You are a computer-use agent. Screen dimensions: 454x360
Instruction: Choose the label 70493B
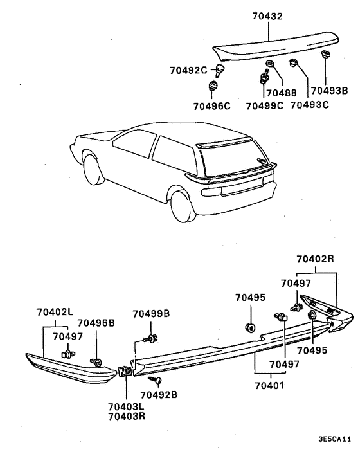(x=328, y=92)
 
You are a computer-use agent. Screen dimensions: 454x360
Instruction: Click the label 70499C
(x=262, y=106)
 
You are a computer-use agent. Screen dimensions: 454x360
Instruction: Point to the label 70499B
(x=151, y=314)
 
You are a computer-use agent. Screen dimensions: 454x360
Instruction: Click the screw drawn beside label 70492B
(x=158, y=381)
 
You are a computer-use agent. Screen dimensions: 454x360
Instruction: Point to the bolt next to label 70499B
(x=152, y=337)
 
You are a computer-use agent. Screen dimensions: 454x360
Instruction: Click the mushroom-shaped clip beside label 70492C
(x=221, y=69)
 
